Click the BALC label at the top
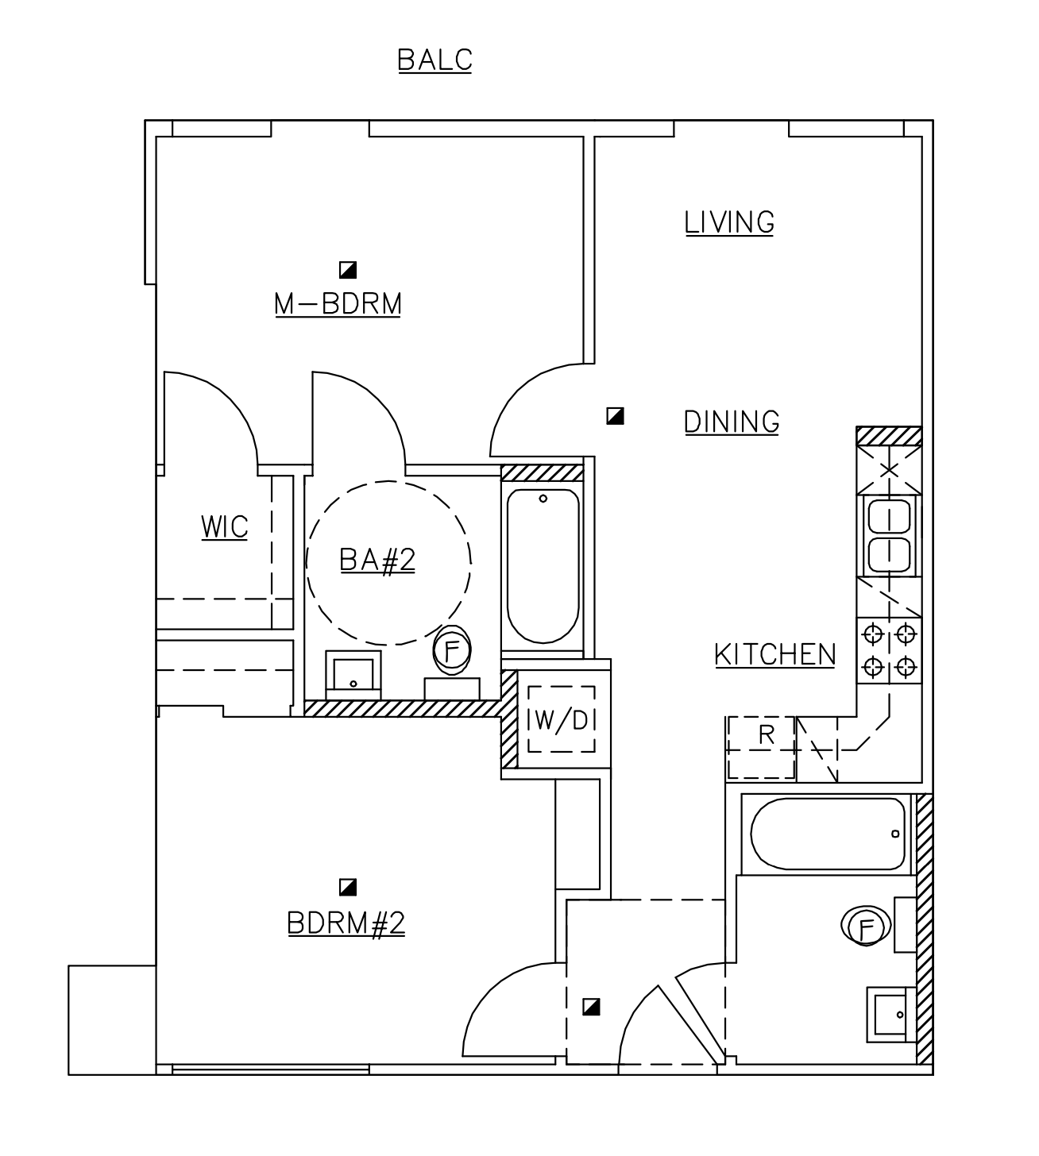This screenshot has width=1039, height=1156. click(435, 60)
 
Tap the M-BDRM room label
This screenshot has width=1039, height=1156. click(338, 304)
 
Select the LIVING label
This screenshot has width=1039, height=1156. click(729, 222)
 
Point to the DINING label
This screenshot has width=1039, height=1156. click(732, 422)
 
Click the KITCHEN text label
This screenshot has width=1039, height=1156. click(774, 655)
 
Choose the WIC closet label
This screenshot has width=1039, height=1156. click(225, 527)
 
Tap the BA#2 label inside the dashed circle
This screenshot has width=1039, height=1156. click(377, 561)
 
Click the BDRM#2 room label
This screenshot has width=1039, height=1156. click(346, 923)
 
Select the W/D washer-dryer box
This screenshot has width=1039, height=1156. click(562, 719)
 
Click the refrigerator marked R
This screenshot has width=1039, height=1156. click(762, 747)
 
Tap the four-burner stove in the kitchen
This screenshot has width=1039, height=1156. click(889, 650)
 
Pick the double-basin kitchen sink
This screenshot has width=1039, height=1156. click(889, 536)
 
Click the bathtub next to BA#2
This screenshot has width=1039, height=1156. click(543, 566)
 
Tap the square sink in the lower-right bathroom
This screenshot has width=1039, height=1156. click(887, 1015)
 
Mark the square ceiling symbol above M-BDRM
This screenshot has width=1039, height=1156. click(348, 270)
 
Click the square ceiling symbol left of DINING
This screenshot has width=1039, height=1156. click(615, 415)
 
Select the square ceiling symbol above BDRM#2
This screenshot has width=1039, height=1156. click(347, 887)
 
